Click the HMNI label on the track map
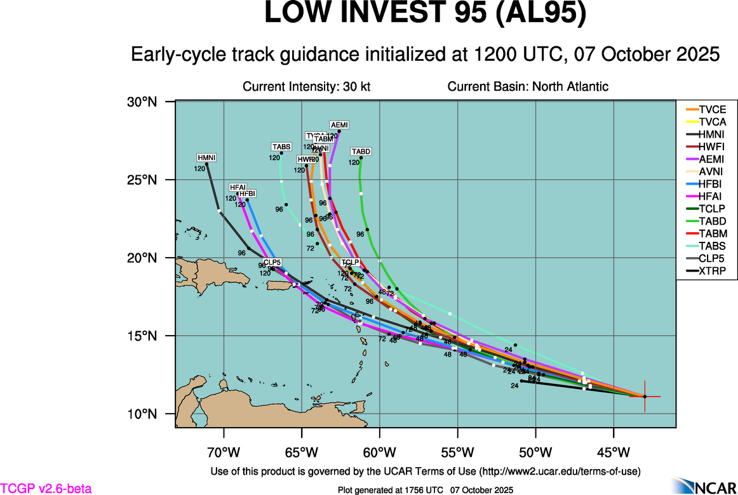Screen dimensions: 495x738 coord(206,157)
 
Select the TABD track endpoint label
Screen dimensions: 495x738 coord(361,152)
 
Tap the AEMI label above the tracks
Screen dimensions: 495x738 coord(339,124)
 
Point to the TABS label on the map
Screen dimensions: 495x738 coord(281,147)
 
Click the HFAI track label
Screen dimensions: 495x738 coord(238,187)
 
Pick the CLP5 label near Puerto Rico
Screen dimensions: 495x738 coord(272,262)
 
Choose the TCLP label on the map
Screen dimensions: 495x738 coord(350,262)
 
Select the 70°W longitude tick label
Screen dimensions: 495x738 coord(224,452)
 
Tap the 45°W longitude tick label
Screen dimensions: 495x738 coord(614,452)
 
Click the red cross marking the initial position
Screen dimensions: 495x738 coord(645,396)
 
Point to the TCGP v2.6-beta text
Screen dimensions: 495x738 coord(46,489)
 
